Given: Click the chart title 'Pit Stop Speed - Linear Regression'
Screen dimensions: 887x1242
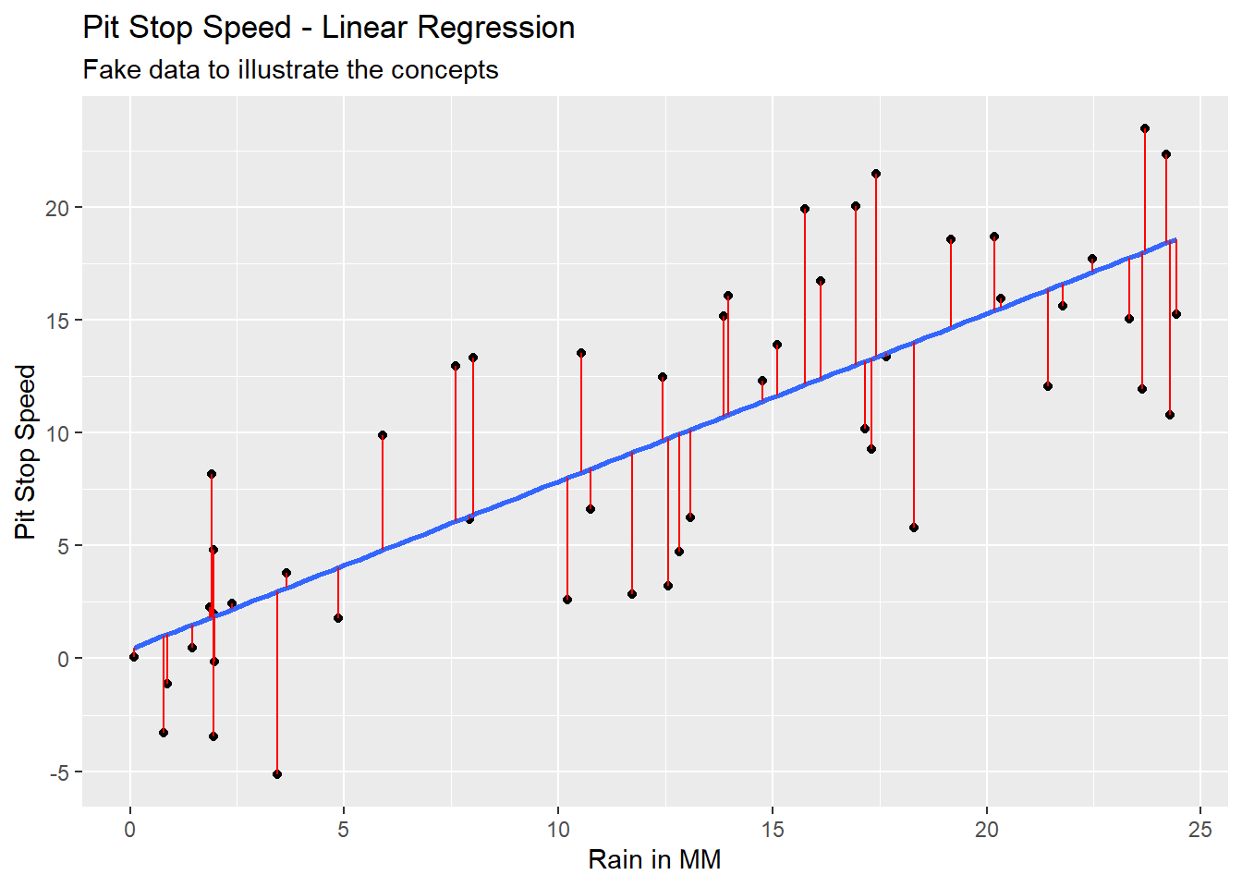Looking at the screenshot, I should pyautogui.click(x=329, y=28).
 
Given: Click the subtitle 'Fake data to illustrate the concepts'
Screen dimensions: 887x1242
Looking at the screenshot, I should pyautogui.click(x=290, y=70).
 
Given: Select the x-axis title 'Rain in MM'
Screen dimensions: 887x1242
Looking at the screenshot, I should pyautogui.click(x=654, y=859).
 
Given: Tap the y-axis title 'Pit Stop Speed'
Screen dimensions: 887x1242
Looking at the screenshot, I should pyautogui.click(x=25, y=452).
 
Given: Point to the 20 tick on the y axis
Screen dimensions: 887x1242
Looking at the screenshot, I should pyautogui.click(x=57, y=208).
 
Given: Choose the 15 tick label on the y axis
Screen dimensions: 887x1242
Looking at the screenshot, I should pyautogui.click(x=57, y=321).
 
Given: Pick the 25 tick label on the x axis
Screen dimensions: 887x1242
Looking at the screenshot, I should pyautogui.click(x=1199, y=829).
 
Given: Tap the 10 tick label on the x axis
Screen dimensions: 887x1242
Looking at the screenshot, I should pyautogui.click(x=558, y=829).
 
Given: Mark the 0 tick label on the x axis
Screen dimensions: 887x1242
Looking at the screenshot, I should pyautogui.click(x=130, y=829).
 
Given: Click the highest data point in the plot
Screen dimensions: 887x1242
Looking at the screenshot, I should pyautogui.click(x=1145, y=128).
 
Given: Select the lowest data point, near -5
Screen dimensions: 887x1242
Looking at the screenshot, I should pyautogui.click(x=277, y=774).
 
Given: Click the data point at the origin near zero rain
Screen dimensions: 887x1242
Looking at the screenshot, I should pyautogui.click(x=134, y=657).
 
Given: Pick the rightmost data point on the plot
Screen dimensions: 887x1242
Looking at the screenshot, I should pyautogui.click(x=1176, y=314).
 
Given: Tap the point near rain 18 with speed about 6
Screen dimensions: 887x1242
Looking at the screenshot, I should pyautogui.click(x=914, y=528).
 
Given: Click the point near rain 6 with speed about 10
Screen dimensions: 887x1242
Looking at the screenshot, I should pyautogui.click(x=383, y=435).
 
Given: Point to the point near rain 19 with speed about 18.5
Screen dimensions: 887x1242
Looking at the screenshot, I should pyautogui.click(x=951, y=239).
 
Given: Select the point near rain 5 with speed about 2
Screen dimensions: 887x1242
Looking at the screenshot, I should pyautogui.click(x=338, y=618).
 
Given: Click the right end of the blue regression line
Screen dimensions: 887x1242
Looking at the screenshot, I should pyautogui.click(x=1175, y=240).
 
